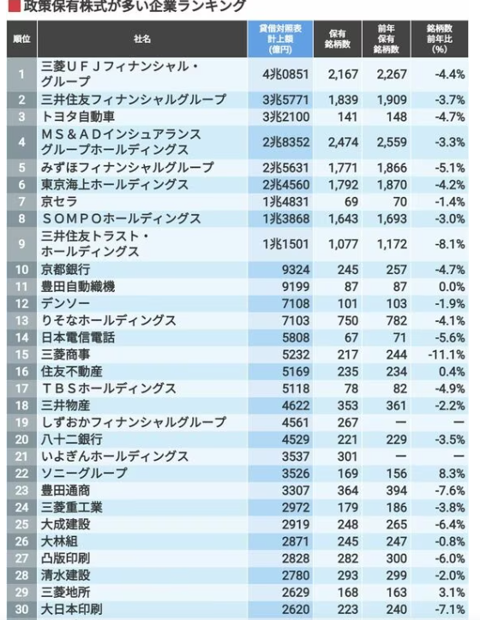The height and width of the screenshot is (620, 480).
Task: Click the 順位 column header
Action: (22, 39)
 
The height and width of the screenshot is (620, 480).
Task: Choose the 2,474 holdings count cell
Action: (343, 142)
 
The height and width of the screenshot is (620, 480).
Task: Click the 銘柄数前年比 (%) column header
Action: (441, 39)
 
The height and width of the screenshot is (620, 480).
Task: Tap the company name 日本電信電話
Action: (78, 337)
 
